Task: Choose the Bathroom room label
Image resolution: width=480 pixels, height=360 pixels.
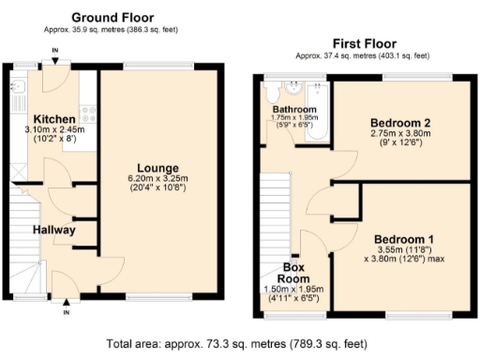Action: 295,110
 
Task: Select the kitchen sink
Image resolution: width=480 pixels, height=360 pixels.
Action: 20,87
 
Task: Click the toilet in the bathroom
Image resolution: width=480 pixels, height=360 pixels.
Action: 272,92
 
